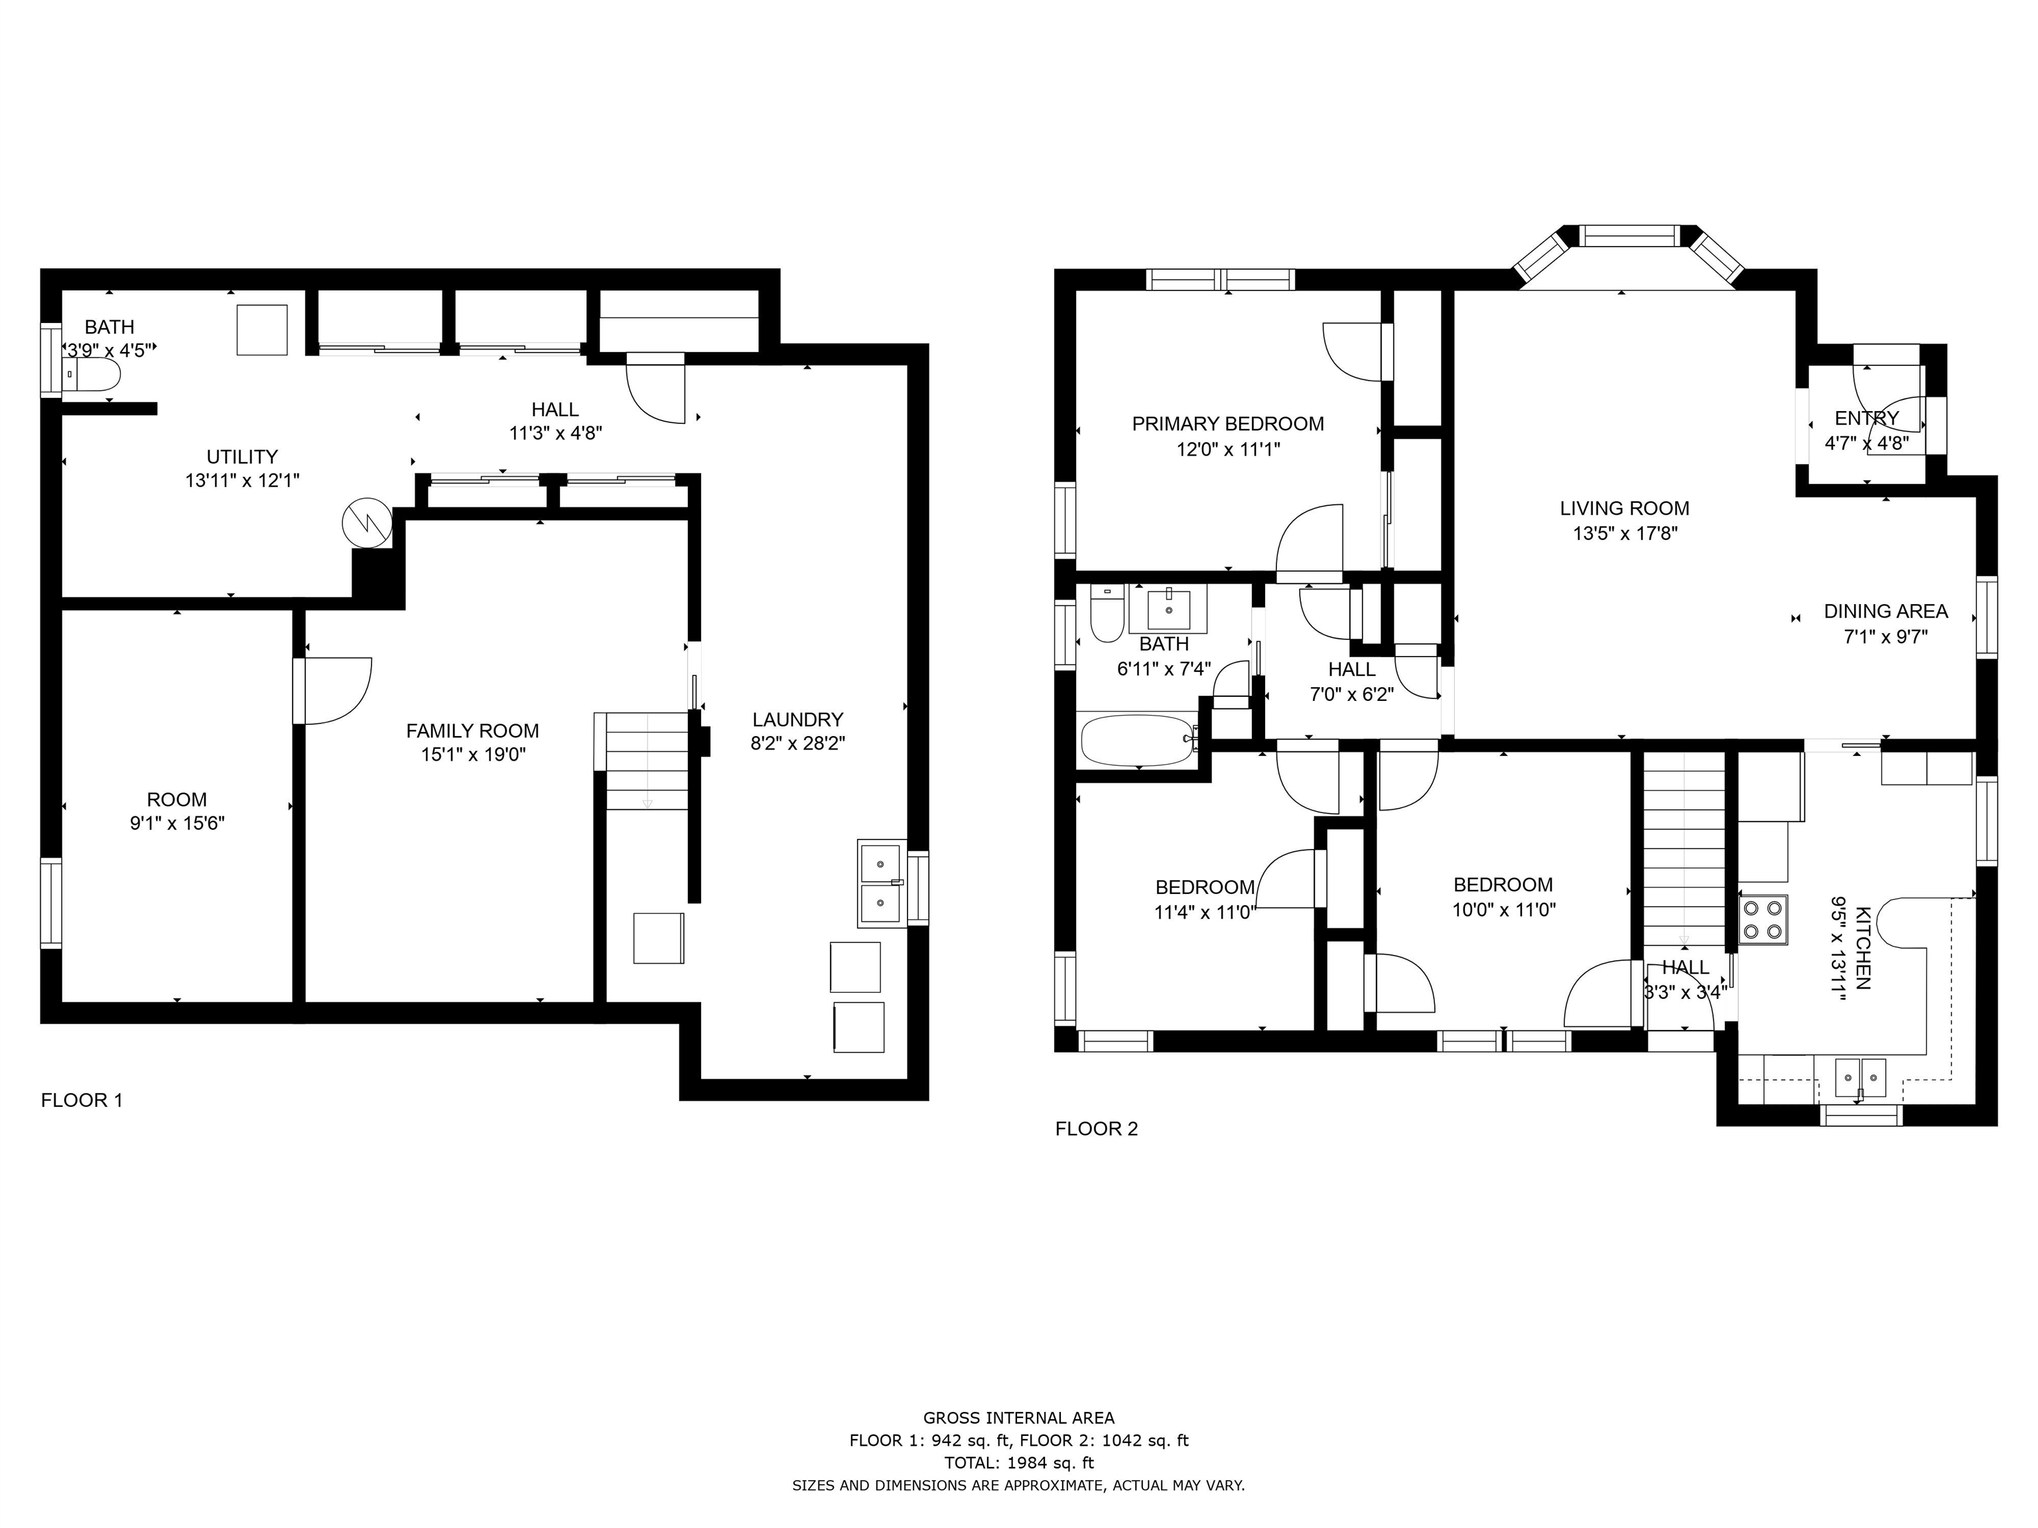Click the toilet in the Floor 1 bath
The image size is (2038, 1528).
pyautogui.click(x=94, y=375)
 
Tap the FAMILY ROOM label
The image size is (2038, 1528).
pyautogui.click(x=472, y=730)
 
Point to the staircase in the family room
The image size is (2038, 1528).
pyautogui.click(x=647, y=761)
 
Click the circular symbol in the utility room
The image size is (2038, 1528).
pyautogui.click(x=367, y=524)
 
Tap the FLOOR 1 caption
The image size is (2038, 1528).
pyautogui.click(x=81, y=1100)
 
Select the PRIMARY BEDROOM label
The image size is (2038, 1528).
pyautogui.click(x=1227, y=424)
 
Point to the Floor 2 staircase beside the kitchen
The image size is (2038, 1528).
pyautogui.click(x=1684, y=848)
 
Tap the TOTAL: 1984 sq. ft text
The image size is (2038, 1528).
pyautogui.click(x=1018, y=1462)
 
